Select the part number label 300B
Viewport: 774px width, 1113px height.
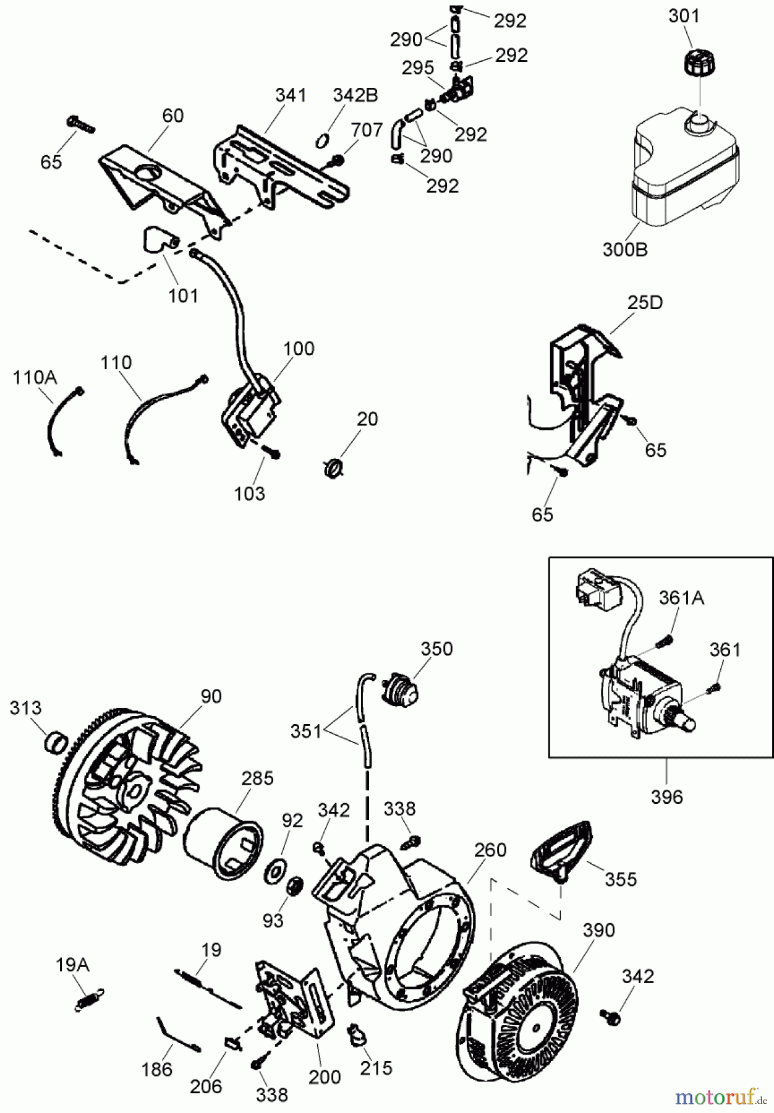pos(624,249)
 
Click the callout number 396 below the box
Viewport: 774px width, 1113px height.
pos(666,797)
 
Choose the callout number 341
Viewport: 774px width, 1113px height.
pos(291,95)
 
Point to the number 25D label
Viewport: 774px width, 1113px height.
pos(644,302)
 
